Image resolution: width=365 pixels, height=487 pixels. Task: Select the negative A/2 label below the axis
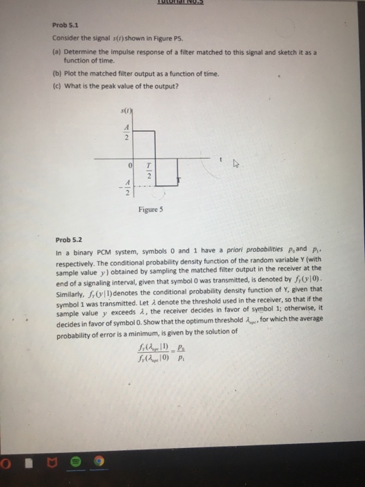pos(125,186)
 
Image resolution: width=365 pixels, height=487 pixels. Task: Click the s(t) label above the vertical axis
pos(127,113)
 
